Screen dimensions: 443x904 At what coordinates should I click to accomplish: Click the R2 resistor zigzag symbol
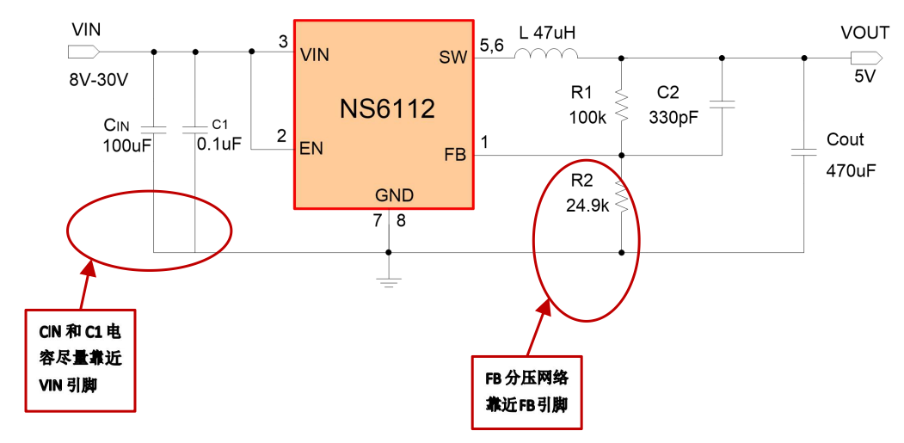[621, 200]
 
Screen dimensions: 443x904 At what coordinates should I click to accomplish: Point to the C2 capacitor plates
[722, 106]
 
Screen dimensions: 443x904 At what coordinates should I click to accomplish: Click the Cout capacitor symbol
[803, 153]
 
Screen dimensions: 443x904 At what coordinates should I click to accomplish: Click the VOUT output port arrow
[864, 58]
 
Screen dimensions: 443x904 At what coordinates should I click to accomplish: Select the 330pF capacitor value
[673, 118]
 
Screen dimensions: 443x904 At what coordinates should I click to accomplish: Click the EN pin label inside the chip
[311, 148]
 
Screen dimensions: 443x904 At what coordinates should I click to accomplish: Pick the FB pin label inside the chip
[454, 155]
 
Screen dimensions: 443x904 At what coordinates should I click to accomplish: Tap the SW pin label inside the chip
[452, 58]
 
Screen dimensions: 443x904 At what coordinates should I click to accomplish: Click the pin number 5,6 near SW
[492, 46]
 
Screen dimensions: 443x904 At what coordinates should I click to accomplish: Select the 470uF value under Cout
[851, 170]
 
